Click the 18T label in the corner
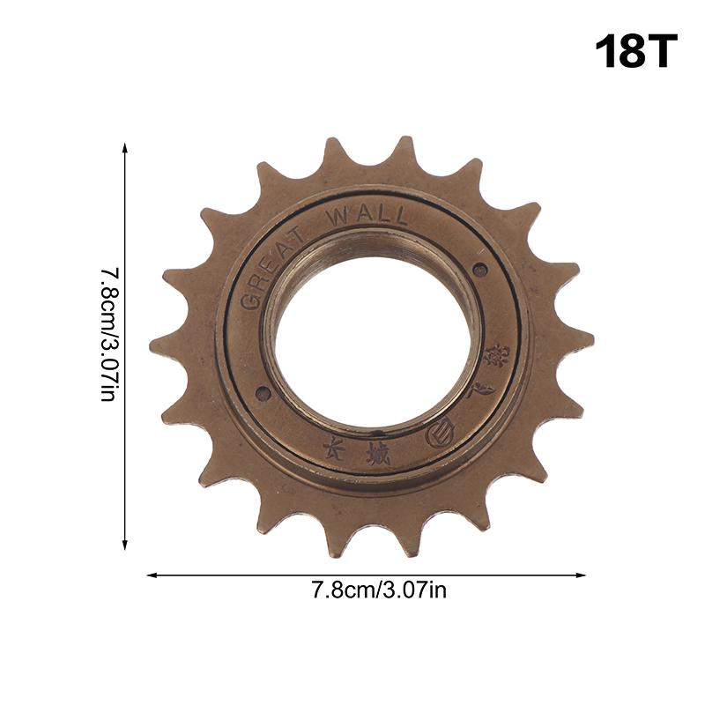[636, 52]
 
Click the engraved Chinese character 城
[378, 456]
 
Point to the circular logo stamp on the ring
[438, 434]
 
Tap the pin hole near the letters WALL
[479, 270]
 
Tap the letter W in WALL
[338, 219]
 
